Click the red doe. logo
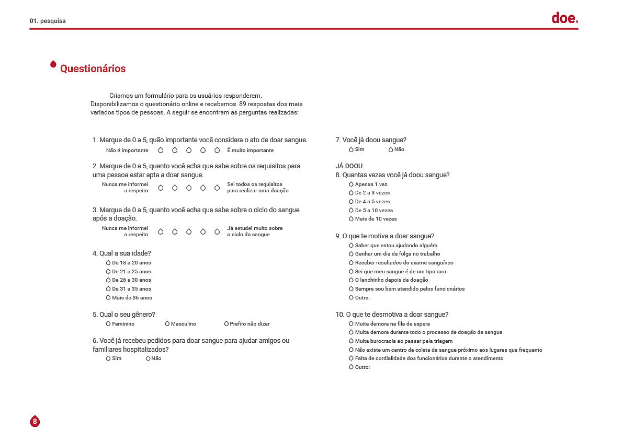[564, 19]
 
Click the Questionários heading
[93, 68]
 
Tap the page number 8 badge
[35, 421]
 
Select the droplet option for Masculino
[167, 324]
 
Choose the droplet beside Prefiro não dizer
[226, 324]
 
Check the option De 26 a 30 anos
[108, 280]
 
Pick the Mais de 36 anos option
[108, 298]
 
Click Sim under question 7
[352, 149]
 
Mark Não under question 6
[149, 358]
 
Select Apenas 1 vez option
[352, 184]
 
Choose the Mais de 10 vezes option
[352, 219]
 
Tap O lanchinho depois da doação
[352, 280]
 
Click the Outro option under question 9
[352, 298]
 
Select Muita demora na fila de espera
[352, 324]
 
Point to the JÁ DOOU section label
[349, 166]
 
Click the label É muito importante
[250, 150]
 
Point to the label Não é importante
[127, 150]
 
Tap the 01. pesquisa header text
[48, 21]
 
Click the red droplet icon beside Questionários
[53, 64]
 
